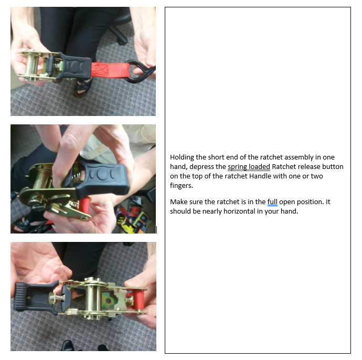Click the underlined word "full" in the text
(x=272, y=202)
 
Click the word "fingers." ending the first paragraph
(x=182, y=186)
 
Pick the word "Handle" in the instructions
(x=260, y=176)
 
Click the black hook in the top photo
(x=139, y=71)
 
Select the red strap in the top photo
(x=111, y=70)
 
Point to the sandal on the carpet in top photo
(x=83, y=87)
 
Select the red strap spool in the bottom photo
(x=138, y=300)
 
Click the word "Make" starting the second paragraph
(x=178, y=202)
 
